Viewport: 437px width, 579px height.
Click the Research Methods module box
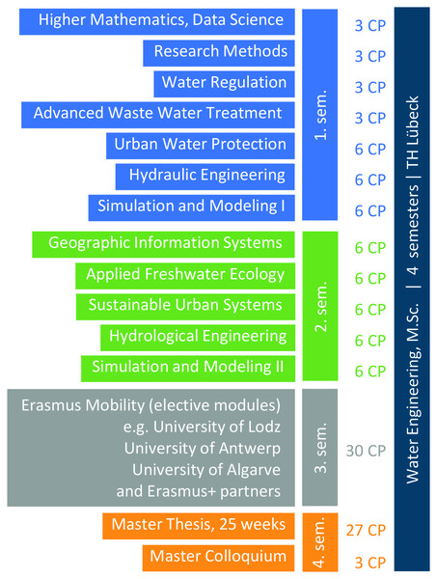pyautogui.click(x=219, y=53)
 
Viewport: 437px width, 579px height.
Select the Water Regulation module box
pyautogui.click(x=224, y=84)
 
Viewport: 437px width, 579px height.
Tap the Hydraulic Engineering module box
pyautogui.click(x=205, y=177)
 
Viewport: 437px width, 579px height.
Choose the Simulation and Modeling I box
pyautogui.click(x=192, y=207)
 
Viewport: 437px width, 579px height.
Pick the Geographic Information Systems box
pyautogui.click(x=163, y=244)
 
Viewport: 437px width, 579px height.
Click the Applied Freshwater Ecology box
pyautogui.click(x=185, y=276)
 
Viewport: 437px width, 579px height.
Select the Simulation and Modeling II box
pyautogui.click(x=188, y=369)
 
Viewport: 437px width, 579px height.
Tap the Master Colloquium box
pyautogui.click(x=218, y=558)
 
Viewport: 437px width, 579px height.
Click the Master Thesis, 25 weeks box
pyautogui.click(x=199, y=526)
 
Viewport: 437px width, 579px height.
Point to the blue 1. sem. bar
pyautogui.click(x=319, y=115)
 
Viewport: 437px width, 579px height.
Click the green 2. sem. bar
pyautogui.click(x=320, y=306)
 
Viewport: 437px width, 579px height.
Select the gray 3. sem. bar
pyautogui.click(x=319, y=447)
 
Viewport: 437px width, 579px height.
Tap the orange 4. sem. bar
pyautogui.click(x=320, y=542)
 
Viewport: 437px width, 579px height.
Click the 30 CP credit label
pyautogui.click(x=366, y=451)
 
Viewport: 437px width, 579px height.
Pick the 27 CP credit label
pyautogui.click(x=366, y=530)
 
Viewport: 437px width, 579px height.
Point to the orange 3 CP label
pyautogui.click(x=370, y=563)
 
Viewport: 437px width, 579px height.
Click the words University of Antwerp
pyautogui.click(x=203, y=449)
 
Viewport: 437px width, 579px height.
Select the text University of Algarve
pyautogui.click(x=206, y=470)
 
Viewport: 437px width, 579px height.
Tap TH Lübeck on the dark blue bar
pyautogui.click(x=413, y=132)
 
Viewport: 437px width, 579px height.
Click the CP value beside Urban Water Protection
pyautogui.click(x=370, y=150)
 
